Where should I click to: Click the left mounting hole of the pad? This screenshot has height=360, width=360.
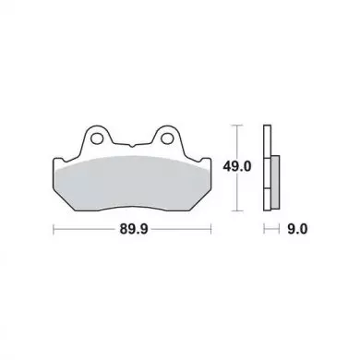(x=97, y=138)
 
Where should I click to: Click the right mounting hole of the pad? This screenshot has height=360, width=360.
(x=166, y=138)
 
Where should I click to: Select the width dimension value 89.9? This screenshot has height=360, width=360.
(x=134, y=229)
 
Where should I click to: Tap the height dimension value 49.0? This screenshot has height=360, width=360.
(x=237, y=167)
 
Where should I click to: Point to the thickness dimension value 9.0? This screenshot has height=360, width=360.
(x=297, y=229)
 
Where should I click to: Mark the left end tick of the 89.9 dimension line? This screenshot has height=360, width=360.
(x=54, y=229)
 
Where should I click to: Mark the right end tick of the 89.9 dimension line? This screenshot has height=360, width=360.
(x=211, y=229)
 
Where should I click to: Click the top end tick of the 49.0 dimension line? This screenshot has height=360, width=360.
(x=236, y=126)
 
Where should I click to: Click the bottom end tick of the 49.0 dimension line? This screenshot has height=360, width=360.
(x=236, y=210)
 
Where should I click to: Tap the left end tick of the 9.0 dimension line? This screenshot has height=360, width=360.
(x=264, y=229)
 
